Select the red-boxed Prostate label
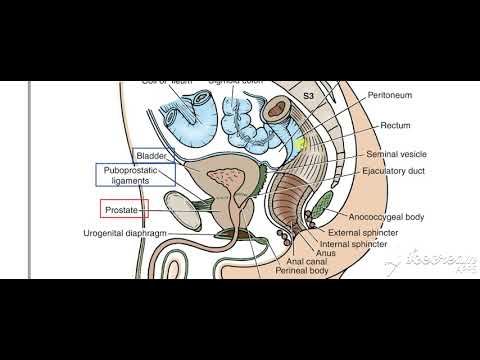click(x=124, y=209)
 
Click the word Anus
click(x=325, y=250)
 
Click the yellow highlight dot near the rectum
click(x=298, y=143)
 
